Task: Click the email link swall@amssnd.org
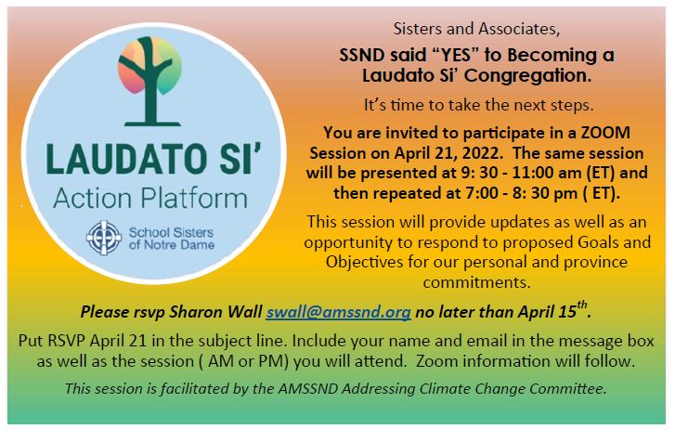click(338, 312)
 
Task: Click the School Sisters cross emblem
click(104, 238)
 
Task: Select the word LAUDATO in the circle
click(125, 159)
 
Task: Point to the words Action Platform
click(150, 199)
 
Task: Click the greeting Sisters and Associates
click(476, 29)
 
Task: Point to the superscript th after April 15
click(581, 305)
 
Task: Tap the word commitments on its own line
click(476, 283)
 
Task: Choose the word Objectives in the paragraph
click(365, 262)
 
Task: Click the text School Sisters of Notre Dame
click(172, 239)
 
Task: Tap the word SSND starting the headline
click(362, 55)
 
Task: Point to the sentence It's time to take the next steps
click(478, 105)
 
